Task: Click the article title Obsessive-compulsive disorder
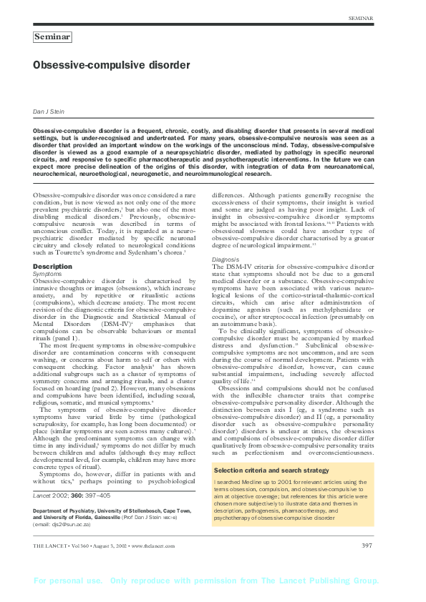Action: pyautogui.click(x=112, y=65)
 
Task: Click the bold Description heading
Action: pyautogui.click(x=53, y=267)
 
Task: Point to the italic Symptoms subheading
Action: pyautogui.click(x=47, y=274)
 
